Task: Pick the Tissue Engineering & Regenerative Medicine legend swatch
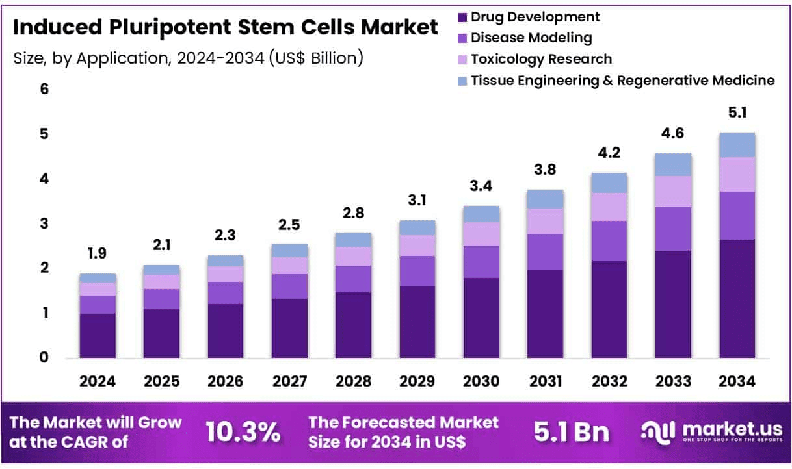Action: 462,81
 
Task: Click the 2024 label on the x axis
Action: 98,382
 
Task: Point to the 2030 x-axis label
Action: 481,382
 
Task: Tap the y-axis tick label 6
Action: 44,89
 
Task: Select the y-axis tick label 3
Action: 44,223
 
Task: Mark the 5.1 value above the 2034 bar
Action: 737,113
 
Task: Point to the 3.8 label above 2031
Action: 545,170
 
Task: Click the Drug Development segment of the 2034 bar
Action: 737,299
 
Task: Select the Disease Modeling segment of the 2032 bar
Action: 609,241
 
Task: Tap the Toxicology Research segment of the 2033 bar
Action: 673,192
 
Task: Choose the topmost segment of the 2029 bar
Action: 417,227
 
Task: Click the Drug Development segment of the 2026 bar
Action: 226,331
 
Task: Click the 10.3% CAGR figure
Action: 243,431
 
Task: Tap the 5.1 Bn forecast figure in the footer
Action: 572,431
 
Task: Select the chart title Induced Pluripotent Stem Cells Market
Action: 225,28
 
